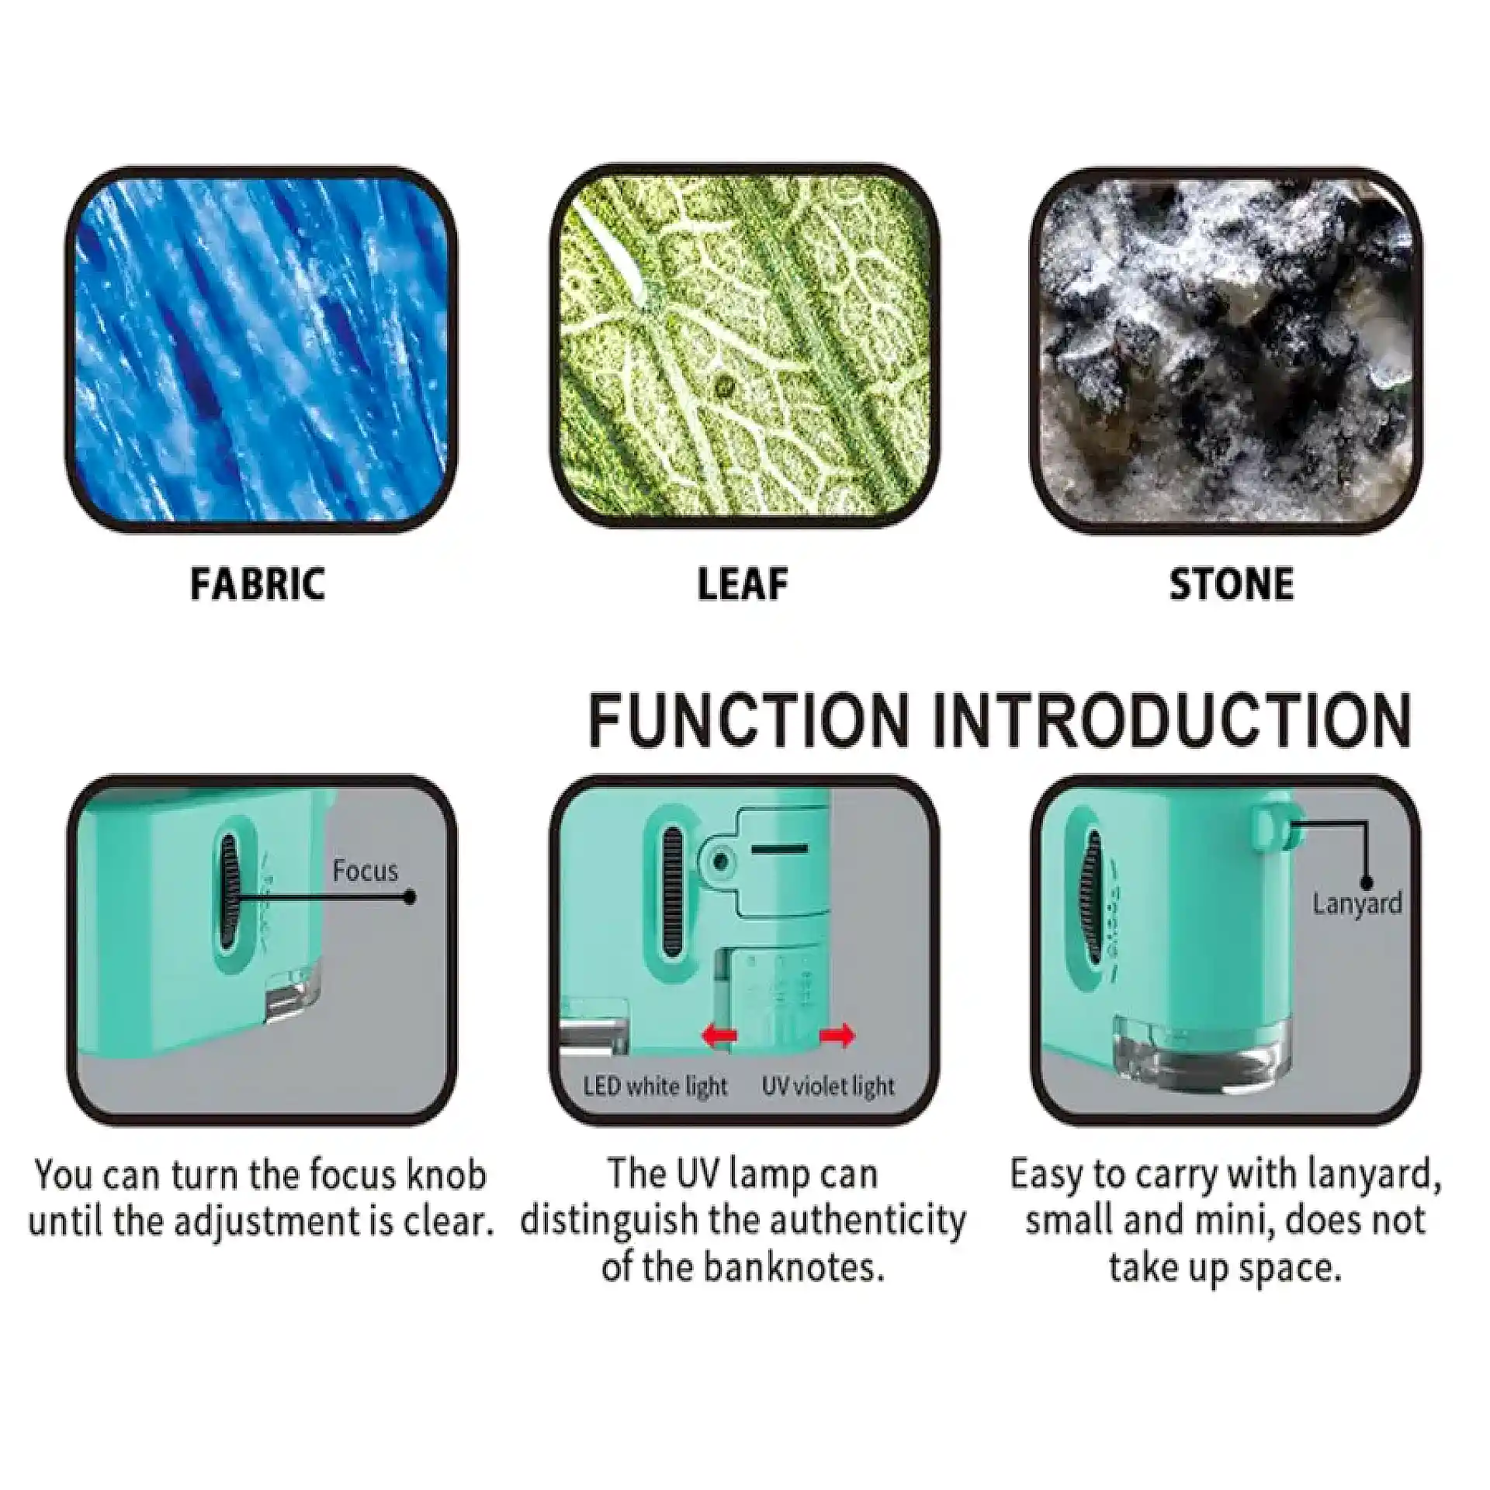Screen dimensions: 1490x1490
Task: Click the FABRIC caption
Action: tap(258, 585)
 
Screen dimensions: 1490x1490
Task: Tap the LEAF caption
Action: tap(743, 585)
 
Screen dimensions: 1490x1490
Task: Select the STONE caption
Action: tap(1232, 585)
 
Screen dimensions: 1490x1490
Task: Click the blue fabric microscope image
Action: tap(260, 350)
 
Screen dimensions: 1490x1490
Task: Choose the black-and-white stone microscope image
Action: tap(1226, 350)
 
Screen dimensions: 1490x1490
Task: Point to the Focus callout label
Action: tap(365, 871)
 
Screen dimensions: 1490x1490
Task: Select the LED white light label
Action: tap(656, 1086)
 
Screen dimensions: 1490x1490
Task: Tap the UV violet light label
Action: tap(828, 1086)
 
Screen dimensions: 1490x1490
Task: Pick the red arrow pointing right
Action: tap(837, 1035)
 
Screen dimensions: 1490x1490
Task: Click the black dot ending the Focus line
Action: tap(410, 898)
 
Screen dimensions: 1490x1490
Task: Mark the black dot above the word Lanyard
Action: tap(1367, 882)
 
